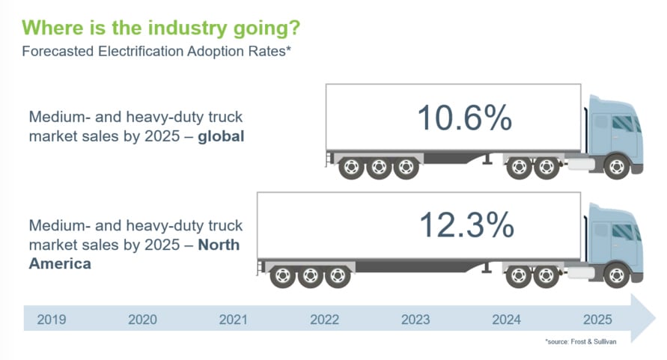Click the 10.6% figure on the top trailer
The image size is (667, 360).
464,118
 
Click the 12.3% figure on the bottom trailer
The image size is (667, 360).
466,225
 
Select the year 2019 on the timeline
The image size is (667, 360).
51,320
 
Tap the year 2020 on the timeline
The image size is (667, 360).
142,320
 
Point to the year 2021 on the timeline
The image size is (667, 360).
233,320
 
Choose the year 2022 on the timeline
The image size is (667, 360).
324,320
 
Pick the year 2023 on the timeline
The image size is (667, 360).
415,320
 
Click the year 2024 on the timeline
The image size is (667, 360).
506,320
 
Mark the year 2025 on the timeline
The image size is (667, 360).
597,320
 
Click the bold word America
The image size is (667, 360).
59,263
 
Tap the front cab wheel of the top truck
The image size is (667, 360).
617,167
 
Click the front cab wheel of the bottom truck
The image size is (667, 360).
617,276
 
